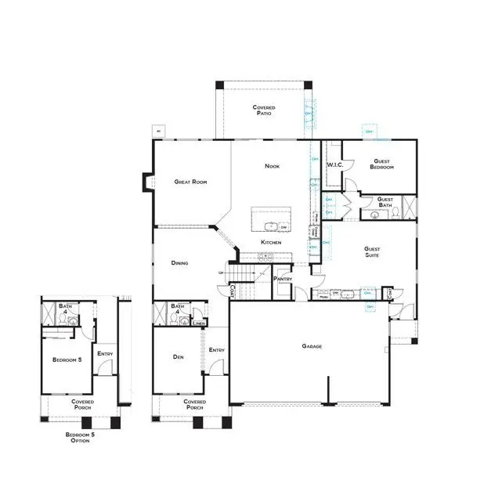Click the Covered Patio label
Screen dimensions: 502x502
click(263, 110)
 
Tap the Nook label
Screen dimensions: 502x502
click(272, 166)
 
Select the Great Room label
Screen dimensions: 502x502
click(190, 182)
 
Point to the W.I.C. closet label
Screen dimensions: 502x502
click(334, 164)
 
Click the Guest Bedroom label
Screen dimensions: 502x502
click(382, 164)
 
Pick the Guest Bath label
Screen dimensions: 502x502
click(385, 201)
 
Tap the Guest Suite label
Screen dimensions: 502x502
click(373, 251)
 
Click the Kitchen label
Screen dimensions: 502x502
click(271, 243)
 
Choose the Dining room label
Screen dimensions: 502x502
click(179, 263)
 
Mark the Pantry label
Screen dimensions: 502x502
click(283, 279)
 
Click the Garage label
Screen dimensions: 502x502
click(313, 345)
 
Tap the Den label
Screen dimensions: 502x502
click(177, 357)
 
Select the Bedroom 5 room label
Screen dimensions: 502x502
click(67, 359)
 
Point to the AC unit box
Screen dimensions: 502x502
click(159, 131)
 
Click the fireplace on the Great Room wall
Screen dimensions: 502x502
click(146, 182)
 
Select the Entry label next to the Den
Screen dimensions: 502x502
click(217, 350)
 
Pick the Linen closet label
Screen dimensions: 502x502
click(199, 323)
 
